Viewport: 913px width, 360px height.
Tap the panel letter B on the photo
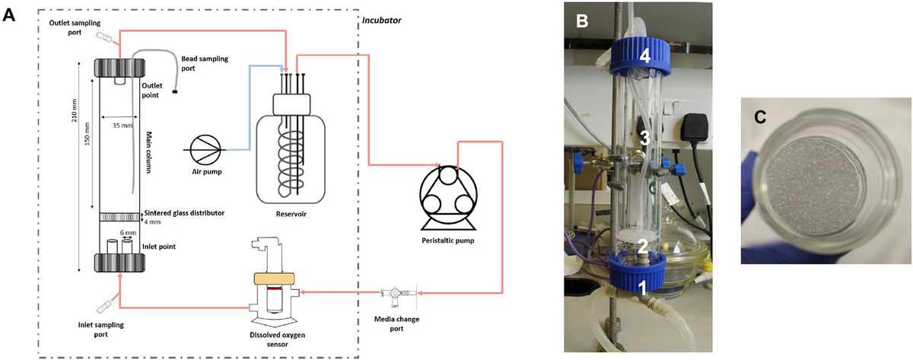coord(582,21)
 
